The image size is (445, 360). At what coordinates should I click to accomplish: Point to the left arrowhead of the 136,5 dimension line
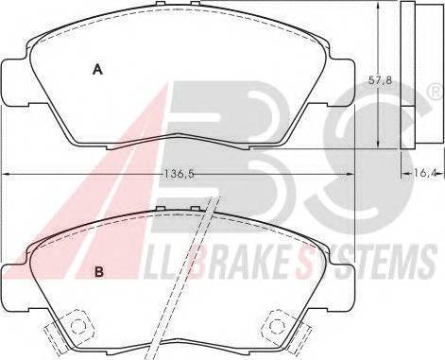[7, 173]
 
